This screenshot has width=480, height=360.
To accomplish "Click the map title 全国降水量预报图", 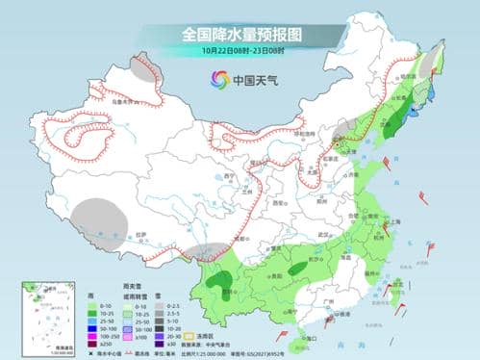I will [x=239, y=34].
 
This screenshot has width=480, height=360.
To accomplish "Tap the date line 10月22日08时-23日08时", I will [x=239, y=50].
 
